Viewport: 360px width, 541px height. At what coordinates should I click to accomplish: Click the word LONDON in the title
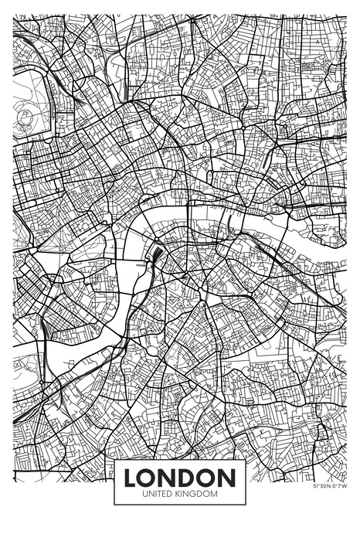point(180,477)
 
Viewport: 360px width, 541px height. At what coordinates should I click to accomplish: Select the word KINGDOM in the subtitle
point(199,493)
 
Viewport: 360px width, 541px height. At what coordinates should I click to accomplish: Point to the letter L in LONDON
point(131,477)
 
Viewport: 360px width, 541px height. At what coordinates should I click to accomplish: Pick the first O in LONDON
point(149,477)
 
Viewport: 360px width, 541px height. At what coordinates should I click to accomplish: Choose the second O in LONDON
point(209,477)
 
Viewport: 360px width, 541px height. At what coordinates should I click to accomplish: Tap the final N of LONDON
point(228,477)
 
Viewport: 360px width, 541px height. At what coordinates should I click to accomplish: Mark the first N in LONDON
point(169,477)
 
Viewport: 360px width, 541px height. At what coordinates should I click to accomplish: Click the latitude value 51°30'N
point(323,487)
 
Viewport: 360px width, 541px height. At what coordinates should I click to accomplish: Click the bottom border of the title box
point(180,504)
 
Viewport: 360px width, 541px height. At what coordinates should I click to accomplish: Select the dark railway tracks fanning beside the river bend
point(157,255)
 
